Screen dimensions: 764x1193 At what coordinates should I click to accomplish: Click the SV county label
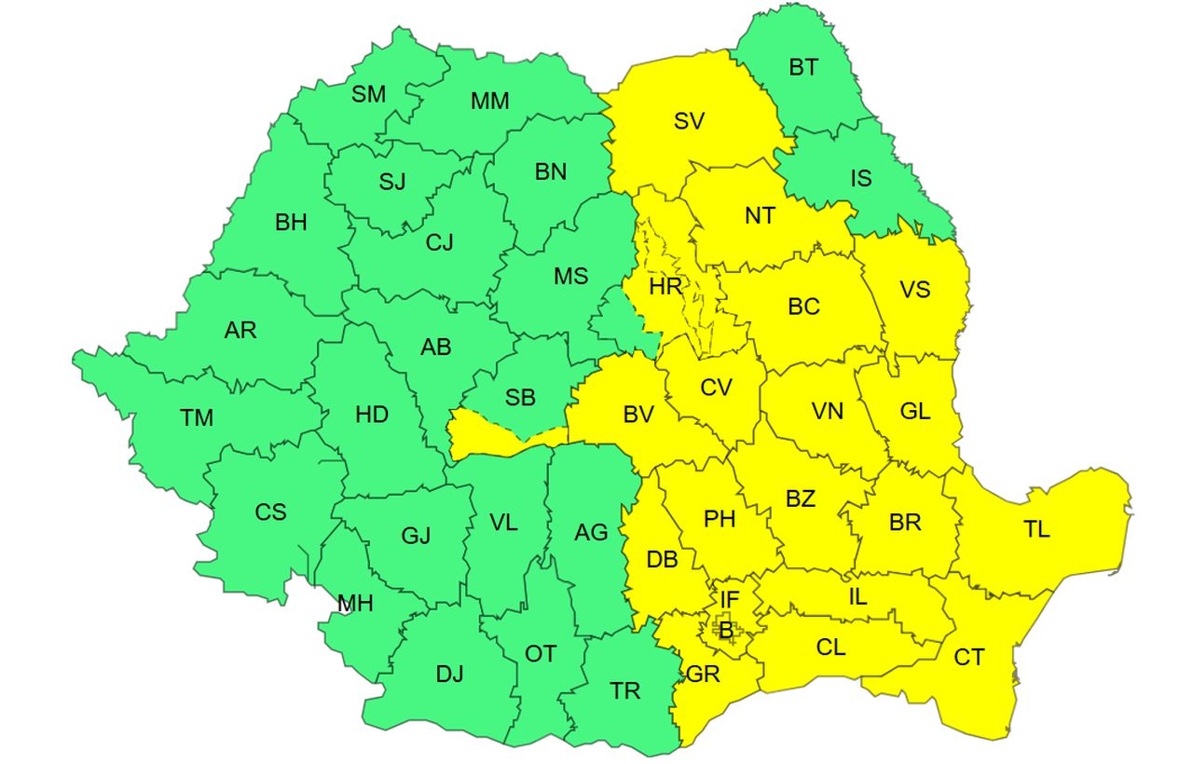click(689, 120)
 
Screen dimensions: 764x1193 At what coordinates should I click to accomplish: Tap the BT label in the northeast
click(803, 67)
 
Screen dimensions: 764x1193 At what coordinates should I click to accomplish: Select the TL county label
click(1036, 530)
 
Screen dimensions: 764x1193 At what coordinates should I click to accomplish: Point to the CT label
click(969, 658)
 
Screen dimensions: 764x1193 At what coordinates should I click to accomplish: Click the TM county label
click(197, 418)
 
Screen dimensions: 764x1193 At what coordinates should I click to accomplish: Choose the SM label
click(368, 93)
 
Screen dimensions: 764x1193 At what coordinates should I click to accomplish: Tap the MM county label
click(489, 101)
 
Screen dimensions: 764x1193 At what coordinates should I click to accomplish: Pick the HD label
click(372, 415)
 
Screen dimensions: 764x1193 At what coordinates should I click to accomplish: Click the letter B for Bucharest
click(725, 631)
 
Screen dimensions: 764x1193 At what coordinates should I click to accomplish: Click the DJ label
click(449, 674)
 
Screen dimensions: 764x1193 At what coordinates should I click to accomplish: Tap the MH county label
click(355, 604)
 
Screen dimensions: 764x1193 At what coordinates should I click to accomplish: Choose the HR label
click(665, 286)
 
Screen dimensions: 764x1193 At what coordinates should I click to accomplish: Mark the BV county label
click(638, 416)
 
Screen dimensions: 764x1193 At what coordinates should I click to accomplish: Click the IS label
click(861, 177)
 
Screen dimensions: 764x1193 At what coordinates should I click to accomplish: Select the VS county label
click(915, 289)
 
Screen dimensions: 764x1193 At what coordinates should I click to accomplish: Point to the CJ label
click(439, 243)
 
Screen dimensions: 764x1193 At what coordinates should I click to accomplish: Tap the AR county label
click(240, 330)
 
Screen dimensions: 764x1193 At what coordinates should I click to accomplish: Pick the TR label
click(625, 690)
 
